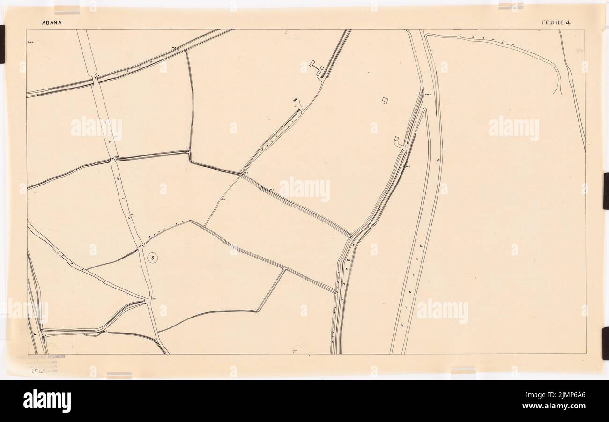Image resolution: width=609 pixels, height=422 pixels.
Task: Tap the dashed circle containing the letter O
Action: [153, 257]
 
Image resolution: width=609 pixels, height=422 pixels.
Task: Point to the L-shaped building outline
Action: [385, 100]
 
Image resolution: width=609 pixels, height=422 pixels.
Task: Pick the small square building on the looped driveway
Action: [397, 139]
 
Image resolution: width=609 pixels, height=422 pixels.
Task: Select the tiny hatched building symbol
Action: [295, 99]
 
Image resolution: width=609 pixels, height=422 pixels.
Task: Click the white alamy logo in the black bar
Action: [47, 401]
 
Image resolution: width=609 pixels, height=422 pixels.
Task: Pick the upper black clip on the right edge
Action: [606, 191]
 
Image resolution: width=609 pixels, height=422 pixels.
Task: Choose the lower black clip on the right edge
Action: [606, 343]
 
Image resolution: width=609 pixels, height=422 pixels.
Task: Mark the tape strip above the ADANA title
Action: [67, 9]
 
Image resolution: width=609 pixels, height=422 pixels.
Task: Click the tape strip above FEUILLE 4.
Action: [511, 6]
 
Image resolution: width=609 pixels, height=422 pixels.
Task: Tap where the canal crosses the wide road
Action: [96, 81]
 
